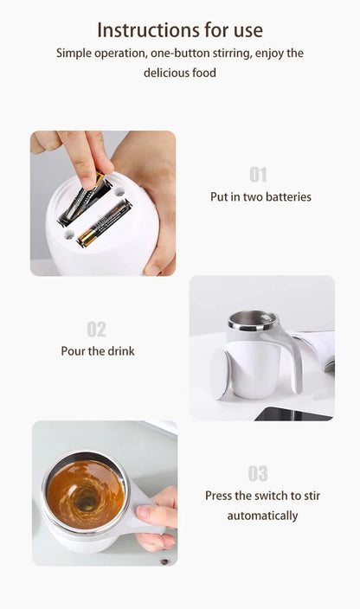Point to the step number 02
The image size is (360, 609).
(x=96, y=329)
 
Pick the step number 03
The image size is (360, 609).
(x=258, y=473)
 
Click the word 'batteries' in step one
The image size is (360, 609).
(x=284, y=197)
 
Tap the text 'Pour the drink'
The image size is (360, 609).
(x=98, y=351)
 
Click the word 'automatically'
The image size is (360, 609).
(x=262, y=516)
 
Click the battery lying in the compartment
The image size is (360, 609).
(x=104, y=223)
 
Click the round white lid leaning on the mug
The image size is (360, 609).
(x=220, y=374)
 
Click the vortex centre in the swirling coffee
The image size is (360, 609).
(x=87, y=498)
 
